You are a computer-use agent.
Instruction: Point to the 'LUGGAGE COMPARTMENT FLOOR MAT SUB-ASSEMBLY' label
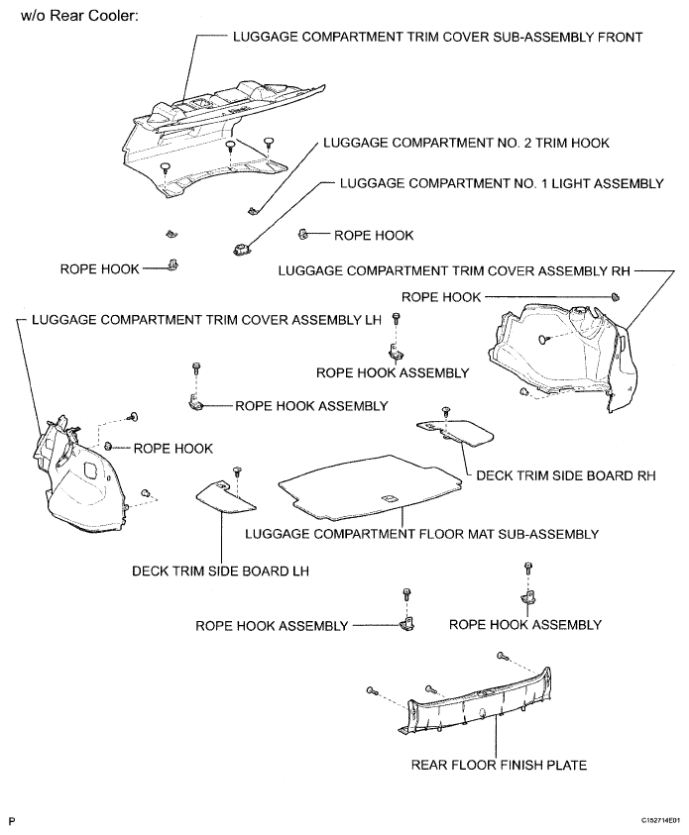point(421,534)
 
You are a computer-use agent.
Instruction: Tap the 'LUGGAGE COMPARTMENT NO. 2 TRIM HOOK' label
point(466,144)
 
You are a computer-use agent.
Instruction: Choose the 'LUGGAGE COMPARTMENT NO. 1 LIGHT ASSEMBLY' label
point(502,184)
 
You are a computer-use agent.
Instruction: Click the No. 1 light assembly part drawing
point(239,248)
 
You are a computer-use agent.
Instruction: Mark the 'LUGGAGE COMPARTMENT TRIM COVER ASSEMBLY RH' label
point(455,269)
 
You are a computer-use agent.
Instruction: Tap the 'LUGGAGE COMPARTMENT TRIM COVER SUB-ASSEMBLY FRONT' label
point(437,37)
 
